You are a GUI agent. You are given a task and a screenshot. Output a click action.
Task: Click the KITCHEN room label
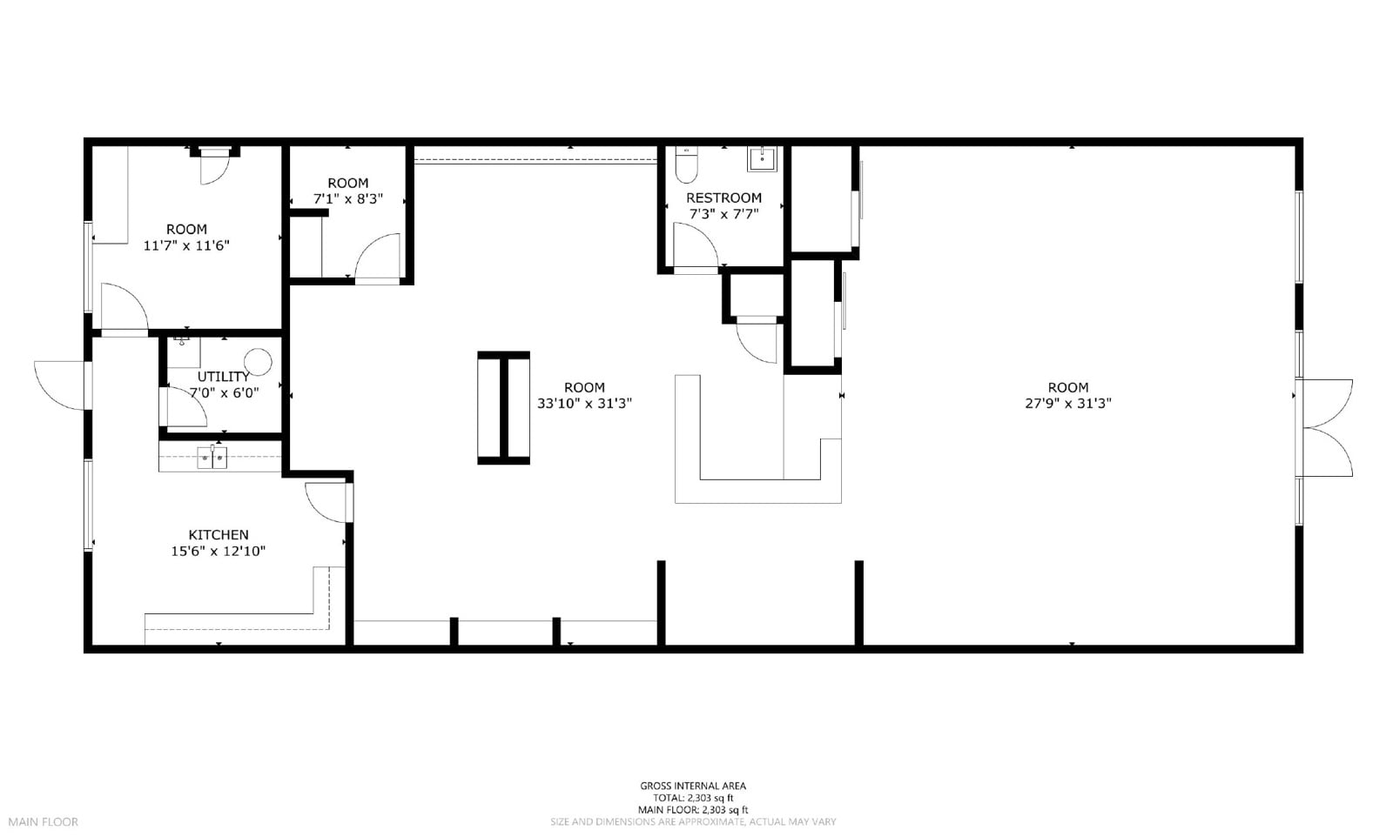pos(219,535)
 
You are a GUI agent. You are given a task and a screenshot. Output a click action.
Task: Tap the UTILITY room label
pos(223,377)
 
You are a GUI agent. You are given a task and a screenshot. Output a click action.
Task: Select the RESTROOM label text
pos(723,198)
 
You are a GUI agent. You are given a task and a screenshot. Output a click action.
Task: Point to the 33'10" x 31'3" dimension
pos(584,404)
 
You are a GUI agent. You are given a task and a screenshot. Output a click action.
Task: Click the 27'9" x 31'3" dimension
pos(1067,404)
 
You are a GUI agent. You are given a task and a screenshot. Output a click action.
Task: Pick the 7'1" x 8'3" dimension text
pos(348,199)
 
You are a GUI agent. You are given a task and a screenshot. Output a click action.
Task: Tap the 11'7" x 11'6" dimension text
pos(186,245)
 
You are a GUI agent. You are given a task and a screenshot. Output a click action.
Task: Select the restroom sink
pos(762,159)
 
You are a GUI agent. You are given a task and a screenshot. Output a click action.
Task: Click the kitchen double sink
pos(212,457)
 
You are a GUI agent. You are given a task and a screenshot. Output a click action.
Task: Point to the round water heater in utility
pos(258,362)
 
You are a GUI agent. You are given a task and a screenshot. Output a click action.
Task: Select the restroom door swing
pos(694,244)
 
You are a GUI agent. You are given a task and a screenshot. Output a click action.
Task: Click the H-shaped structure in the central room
pos(503,408)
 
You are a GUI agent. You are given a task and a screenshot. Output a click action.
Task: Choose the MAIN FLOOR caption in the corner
pos(44,822)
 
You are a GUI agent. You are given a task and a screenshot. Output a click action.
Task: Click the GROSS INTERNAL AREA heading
pos(693,787)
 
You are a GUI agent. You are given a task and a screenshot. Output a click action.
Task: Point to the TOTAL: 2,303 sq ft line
pos(693,798)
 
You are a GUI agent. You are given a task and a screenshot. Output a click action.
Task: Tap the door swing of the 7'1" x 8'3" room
pos(376,257)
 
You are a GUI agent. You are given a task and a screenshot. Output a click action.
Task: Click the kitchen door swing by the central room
pos(328,502)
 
